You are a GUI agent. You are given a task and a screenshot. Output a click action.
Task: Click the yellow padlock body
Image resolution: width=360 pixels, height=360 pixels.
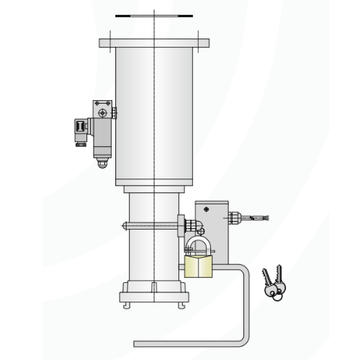point(199,267)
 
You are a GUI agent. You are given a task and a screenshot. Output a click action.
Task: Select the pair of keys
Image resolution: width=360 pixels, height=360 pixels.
point(271,285)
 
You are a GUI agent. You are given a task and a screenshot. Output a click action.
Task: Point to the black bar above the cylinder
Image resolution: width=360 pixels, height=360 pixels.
point(154,14)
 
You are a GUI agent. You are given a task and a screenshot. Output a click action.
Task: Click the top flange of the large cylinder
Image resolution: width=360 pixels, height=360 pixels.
point(154,42)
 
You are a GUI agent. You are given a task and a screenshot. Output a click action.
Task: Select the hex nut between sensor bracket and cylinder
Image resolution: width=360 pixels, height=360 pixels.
point(114,111)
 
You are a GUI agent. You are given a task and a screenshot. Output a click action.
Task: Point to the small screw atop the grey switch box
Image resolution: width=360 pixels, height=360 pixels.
point(208,208)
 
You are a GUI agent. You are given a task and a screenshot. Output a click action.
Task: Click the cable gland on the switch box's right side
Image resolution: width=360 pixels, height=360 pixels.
point(235,217)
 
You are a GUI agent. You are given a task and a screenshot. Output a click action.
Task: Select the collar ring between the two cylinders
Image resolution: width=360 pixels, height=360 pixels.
point(154,189)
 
